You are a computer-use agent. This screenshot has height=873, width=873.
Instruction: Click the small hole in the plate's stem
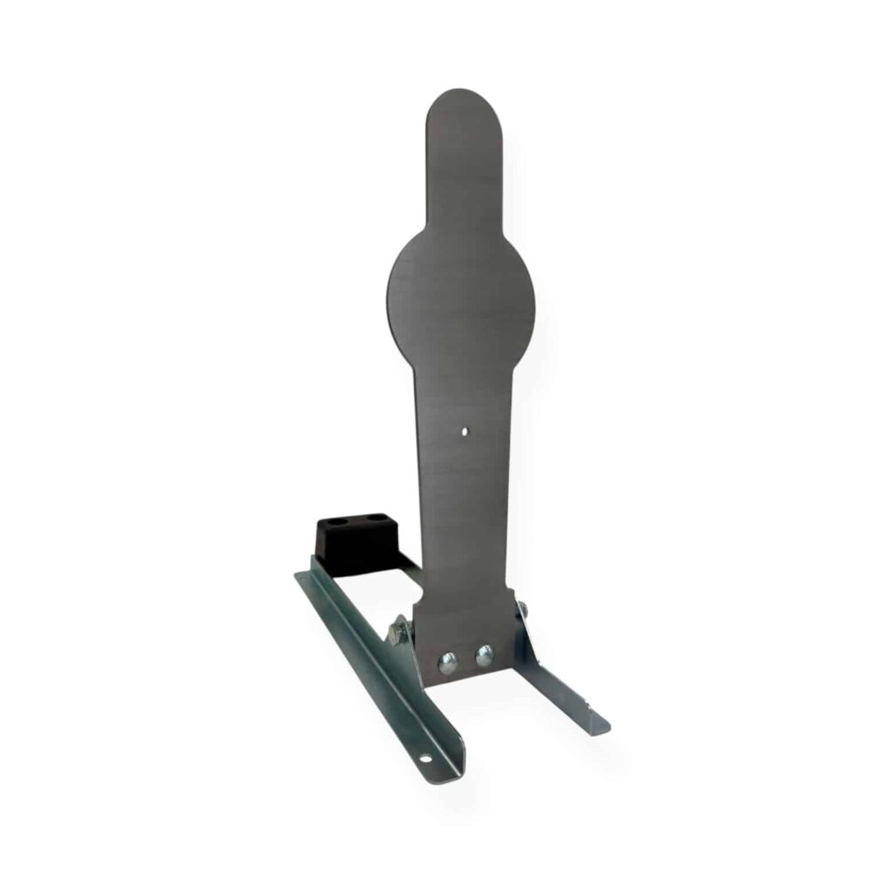tap(465, 430)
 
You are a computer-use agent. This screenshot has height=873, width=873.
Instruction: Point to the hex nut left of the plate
tap(398, 629)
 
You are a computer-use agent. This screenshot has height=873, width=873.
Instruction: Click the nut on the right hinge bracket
tap(521, 608)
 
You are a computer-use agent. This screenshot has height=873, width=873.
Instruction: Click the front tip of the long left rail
tap(454, 768)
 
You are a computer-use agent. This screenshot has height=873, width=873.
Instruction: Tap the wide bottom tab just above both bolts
tap(463, 620)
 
